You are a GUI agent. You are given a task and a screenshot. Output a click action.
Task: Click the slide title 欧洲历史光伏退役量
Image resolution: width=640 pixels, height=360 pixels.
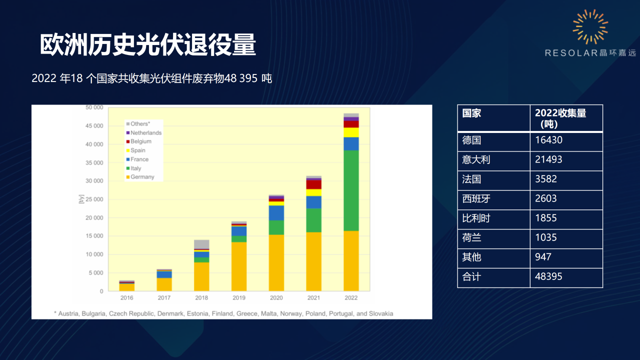[147, 45]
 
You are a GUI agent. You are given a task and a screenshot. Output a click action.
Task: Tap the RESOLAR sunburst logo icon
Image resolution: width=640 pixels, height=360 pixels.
[590, 26]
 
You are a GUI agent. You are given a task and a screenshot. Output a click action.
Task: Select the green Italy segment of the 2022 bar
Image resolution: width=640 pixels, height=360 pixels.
[351, 190]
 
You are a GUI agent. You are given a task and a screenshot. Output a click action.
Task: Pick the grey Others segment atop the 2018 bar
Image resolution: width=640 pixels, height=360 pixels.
[201, 244]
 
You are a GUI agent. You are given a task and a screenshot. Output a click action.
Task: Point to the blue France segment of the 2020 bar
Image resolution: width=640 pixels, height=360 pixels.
[276, 213]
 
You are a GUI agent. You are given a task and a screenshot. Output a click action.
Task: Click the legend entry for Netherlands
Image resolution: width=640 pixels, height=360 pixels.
[145, 132]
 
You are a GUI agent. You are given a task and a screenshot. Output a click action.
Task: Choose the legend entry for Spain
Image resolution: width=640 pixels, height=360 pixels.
[137, 150]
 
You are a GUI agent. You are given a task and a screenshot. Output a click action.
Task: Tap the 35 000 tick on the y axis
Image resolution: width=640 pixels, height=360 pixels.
[94, 162]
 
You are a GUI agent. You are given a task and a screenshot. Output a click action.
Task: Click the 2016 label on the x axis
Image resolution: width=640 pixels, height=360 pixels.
[126, 298]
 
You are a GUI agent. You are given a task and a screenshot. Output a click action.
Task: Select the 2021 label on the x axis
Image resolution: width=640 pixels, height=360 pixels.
[313, 298]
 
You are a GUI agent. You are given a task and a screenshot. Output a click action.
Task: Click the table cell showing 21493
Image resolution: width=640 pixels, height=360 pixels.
[548, 159]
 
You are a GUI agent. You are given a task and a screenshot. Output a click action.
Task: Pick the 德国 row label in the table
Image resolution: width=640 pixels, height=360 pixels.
[471, 140]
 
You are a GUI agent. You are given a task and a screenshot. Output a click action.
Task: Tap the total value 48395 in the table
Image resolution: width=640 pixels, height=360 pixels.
[548, 276]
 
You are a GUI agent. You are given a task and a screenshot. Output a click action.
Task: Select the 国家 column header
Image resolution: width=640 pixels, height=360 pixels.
[471, 113]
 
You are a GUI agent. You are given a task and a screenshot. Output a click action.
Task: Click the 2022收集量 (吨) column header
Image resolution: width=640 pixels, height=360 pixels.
[560, 118]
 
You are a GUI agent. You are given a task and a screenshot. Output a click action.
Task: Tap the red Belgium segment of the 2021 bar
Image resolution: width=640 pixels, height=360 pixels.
[313, 184]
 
